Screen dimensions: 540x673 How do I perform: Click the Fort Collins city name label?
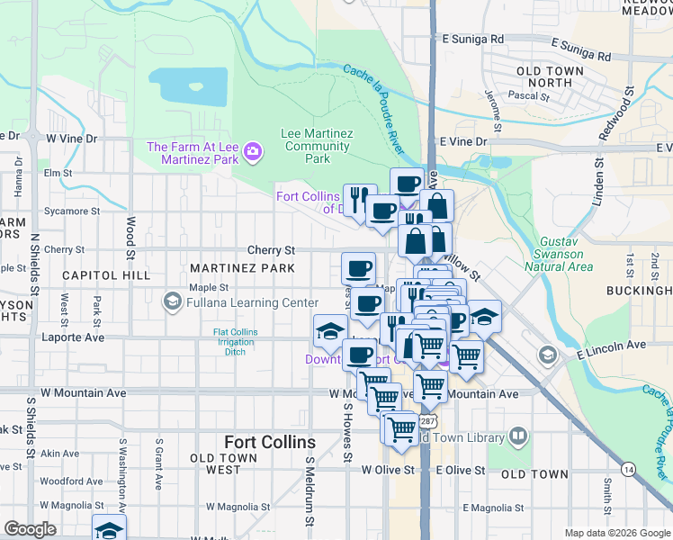click(x=270, y=443)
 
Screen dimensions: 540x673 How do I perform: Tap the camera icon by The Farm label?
click(x=253, y=153)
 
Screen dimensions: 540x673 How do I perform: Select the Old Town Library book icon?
click(x=518, y=437)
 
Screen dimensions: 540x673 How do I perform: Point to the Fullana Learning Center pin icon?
click(x=175, y=302)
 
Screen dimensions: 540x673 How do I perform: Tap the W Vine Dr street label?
click(x=71, y=139)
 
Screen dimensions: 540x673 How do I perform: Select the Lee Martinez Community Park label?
click(x=316, y=146)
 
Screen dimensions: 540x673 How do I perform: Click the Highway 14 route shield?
click(x=627, y=469)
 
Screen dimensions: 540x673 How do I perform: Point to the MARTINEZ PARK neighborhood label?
click(x=242, y=269)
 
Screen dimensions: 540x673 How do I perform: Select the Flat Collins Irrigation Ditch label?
click(x=235, y=342)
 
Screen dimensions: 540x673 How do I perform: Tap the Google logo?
click(x=30, y=529)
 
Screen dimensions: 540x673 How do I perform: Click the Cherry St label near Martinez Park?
click(x=272, y=250)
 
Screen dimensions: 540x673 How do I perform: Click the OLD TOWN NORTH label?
click(x=544, y=76)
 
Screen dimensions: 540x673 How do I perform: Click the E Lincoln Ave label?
click(x=615, y=346)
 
